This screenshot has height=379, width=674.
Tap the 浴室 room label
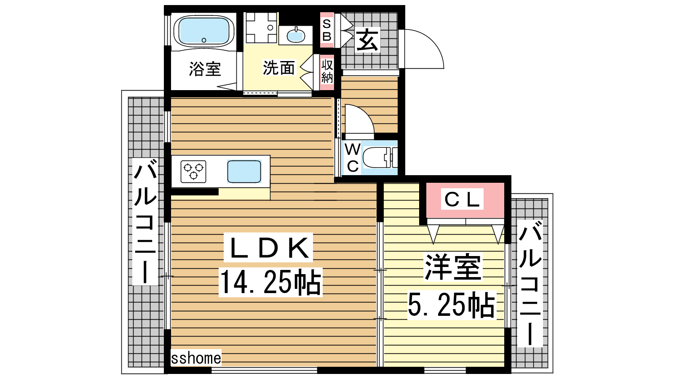[205, 69]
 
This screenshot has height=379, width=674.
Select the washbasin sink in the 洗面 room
[295, 35]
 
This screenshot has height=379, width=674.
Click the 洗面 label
[278, 68]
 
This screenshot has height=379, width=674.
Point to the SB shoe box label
[327, 30]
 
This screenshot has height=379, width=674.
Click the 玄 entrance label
[367, 40]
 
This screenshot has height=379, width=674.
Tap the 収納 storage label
[327, 71]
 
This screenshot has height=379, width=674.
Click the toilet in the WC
[380, 157]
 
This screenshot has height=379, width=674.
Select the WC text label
[353, 157]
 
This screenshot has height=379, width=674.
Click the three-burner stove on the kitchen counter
[193, 171]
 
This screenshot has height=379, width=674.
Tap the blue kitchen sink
[244, 171]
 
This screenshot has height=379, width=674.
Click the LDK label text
[268, 248]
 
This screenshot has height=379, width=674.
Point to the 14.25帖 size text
[270, 282]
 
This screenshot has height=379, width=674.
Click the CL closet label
[462, 199]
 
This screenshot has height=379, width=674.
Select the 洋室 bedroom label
[453, 267]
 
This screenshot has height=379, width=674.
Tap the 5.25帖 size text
[451, 305]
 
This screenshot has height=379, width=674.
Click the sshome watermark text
[196, 358]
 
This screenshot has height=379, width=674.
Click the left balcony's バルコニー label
[145, 222]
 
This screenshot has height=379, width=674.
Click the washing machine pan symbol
[261, 27]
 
